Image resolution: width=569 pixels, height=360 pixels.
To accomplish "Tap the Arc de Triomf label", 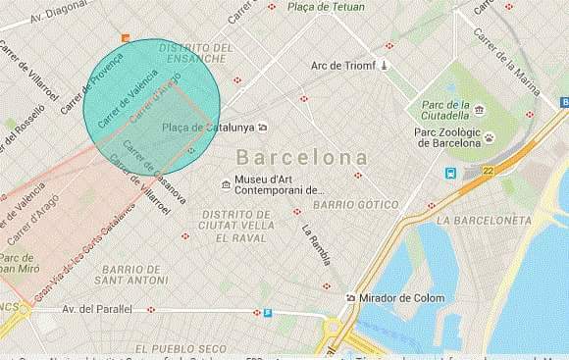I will point(343,66).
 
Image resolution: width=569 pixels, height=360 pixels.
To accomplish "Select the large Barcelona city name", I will point(303,157).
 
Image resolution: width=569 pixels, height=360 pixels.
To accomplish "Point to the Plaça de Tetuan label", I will point(335,8).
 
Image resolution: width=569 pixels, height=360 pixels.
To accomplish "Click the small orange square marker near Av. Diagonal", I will point(125,38).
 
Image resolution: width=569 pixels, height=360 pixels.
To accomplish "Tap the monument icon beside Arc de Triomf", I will point(386,66).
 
